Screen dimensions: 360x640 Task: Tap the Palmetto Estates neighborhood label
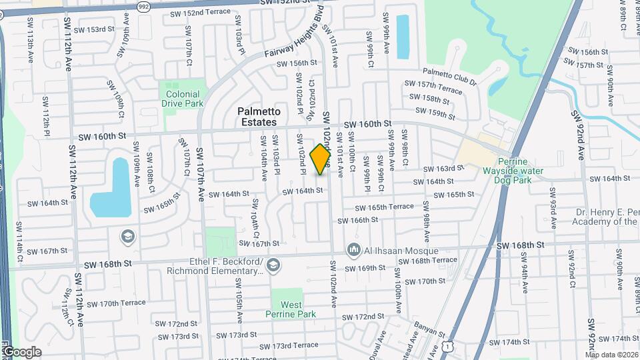[x=261, y=117]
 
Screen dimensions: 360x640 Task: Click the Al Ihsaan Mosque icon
[x=353, y=251]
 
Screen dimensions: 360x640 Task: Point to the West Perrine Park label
[x=287, y=309]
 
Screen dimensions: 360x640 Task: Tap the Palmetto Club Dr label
[x=451, y=77]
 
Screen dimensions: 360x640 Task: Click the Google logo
[x=21, y=352]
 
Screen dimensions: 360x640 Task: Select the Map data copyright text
[x=611, y=355]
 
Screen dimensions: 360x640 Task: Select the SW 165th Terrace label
[x=383, y=207]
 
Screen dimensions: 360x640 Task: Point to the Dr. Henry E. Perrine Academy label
[x=607, y=217]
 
